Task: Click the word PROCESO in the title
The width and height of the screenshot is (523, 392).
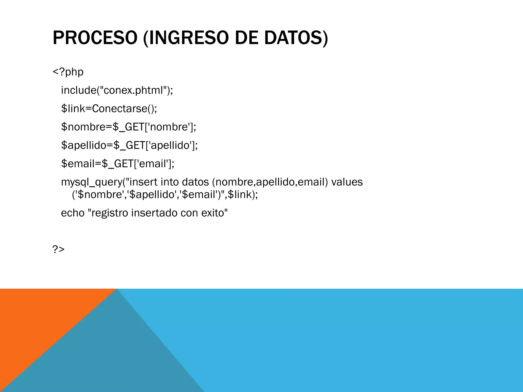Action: [95, 38]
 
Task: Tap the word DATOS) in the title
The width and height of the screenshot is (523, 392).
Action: [296, 38]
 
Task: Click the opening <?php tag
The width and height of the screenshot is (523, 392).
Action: [68, 72]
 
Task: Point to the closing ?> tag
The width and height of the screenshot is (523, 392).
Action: [58, 249]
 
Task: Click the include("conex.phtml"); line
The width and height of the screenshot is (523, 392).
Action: [117, 90]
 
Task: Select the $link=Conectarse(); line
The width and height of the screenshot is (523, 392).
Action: [109, 109]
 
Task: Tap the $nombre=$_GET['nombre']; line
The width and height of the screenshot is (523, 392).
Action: [128, 127]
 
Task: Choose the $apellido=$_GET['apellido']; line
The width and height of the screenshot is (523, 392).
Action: [129, 145]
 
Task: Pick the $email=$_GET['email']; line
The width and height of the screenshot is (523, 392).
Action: [117, 164]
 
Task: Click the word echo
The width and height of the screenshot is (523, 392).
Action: [73, 213]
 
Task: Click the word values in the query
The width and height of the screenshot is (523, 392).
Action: [347, 182]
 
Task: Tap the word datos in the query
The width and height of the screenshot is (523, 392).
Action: [195, 182]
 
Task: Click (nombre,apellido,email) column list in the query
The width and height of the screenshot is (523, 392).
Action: [270, 182]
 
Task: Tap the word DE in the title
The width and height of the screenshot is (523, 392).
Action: [246, 38]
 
